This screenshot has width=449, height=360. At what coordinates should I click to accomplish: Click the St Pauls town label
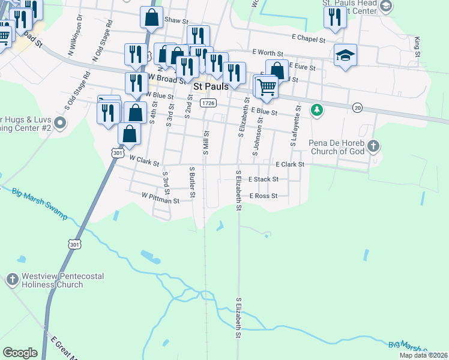[210, 86]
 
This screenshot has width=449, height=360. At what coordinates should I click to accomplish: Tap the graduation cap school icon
[345, 55]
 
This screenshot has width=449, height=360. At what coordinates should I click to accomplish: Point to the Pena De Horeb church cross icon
[373, 145]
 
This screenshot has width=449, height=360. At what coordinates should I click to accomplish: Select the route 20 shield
[358, 107]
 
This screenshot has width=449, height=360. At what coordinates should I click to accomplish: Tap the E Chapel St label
[309, 39]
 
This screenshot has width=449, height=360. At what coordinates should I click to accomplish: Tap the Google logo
[20, 353]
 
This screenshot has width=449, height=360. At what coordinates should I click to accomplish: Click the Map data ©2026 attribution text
[424, 355]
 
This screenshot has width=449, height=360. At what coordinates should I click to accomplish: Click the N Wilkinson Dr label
[74, 43]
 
